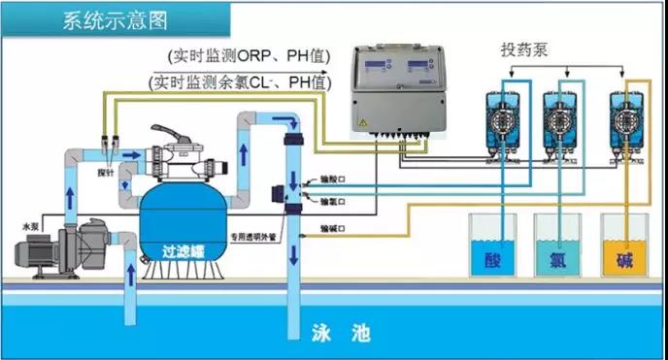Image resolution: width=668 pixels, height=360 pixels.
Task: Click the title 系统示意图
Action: click(113, 18)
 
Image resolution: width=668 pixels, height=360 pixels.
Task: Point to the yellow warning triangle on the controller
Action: click(362, 124)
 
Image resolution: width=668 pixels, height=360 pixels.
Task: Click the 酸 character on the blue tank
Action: click(492, 259)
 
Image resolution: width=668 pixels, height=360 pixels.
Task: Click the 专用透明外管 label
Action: click(253, 234)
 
